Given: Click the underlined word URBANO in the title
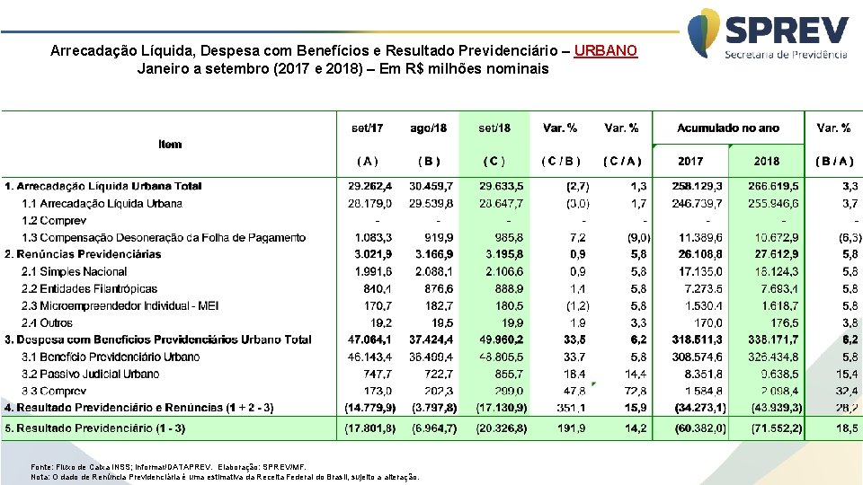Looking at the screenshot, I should pos(605,51).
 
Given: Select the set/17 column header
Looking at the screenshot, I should pos(367,128).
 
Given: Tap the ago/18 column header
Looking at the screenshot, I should pos(428,128).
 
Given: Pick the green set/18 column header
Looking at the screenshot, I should pos(494,128).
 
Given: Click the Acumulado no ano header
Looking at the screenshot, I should pos(728,128).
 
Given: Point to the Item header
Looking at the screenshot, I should pos(170,144).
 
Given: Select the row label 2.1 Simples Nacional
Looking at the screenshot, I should pos(74,271).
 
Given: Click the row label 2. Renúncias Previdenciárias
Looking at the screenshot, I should pos(83,254).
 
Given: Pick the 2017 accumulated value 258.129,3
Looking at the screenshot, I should pos(697,186).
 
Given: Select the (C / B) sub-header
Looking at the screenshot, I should pos(561,162).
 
